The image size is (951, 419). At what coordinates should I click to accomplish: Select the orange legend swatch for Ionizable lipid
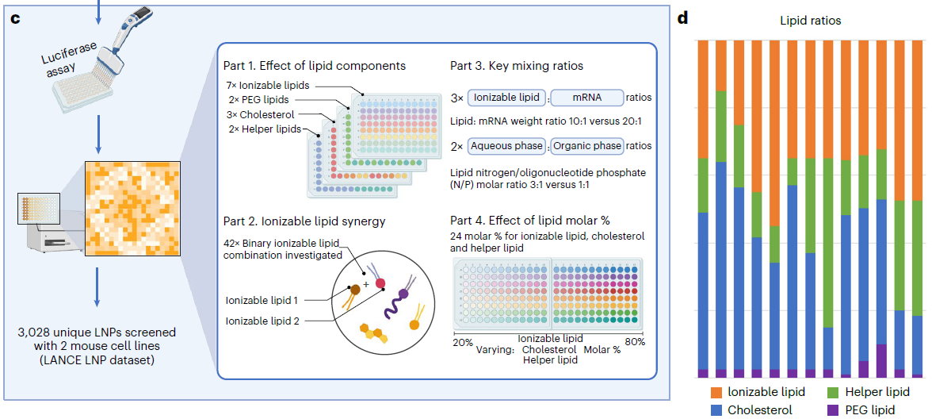716,392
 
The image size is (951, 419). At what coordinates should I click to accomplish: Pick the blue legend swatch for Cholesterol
716,410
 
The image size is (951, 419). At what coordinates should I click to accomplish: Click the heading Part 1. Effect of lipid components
315,66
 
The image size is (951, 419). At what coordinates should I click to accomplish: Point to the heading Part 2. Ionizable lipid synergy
305,221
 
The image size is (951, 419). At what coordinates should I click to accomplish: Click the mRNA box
586,98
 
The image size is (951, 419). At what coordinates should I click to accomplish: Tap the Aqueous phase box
506,146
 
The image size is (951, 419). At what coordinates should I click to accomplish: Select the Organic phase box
587,146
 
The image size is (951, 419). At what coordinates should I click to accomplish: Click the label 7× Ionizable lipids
268,85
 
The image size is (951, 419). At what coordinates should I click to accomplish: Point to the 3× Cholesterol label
261,114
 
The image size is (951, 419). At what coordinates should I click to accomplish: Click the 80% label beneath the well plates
634,342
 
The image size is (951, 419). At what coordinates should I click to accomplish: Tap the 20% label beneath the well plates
463,342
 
